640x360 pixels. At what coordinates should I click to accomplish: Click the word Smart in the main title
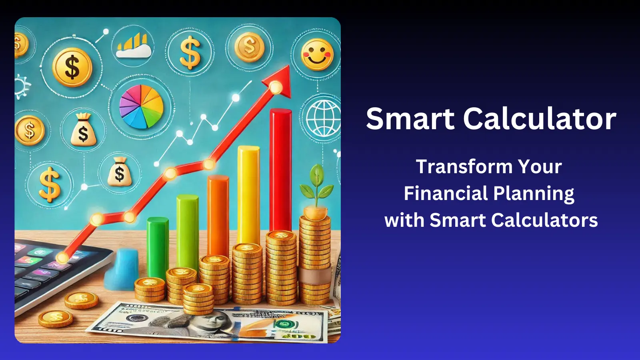[x=410, y=119]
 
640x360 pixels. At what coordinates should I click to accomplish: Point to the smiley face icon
[x=317, y=54]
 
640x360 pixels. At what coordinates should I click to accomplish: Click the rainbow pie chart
[x=141, y=106]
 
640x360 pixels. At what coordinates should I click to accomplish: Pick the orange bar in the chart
[x=218, y=216]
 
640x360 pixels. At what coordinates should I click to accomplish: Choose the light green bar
[x=188, y=232]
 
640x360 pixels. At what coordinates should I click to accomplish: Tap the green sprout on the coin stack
[x=316, y=186]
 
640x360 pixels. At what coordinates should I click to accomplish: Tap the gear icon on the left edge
[x=22, y=87]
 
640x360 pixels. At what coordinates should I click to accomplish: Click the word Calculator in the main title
[x=540, y=119]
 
